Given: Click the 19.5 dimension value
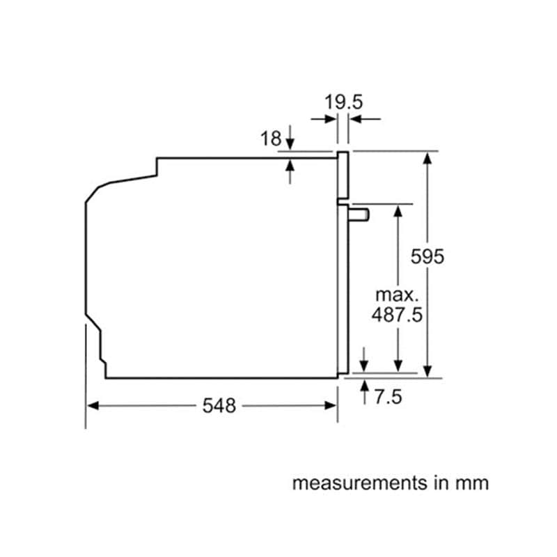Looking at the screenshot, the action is click(343, 102).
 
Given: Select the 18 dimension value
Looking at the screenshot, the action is click(271, 139).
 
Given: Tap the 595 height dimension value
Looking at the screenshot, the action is click(427, 256).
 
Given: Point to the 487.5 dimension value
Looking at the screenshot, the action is click(397, 315).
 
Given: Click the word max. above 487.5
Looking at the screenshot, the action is click(397, 295).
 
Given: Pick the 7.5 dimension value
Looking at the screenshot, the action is click(389, 397).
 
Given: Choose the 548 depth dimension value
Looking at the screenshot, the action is click(219, 406).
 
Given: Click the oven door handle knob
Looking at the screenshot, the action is click(359, 215).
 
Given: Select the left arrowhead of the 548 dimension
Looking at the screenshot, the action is click(93, 406).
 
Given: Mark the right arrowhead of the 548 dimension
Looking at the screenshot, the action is click(330, 406).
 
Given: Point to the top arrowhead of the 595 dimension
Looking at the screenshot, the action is click(427, 158).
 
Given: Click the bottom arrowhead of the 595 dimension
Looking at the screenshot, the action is click(427, 372).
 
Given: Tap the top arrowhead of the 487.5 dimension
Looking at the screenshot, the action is click(398, 211).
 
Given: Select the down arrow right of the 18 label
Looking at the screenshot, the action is click(290, 137).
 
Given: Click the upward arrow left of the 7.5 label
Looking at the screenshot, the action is click(364, 392).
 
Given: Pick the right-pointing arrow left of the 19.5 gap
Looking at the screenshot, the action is click(324, 119).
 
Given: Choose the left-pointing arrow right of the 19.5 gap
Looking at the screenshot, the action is click(365, 119).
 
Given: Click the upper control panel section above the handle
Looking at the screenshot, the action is click(343, 175).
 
